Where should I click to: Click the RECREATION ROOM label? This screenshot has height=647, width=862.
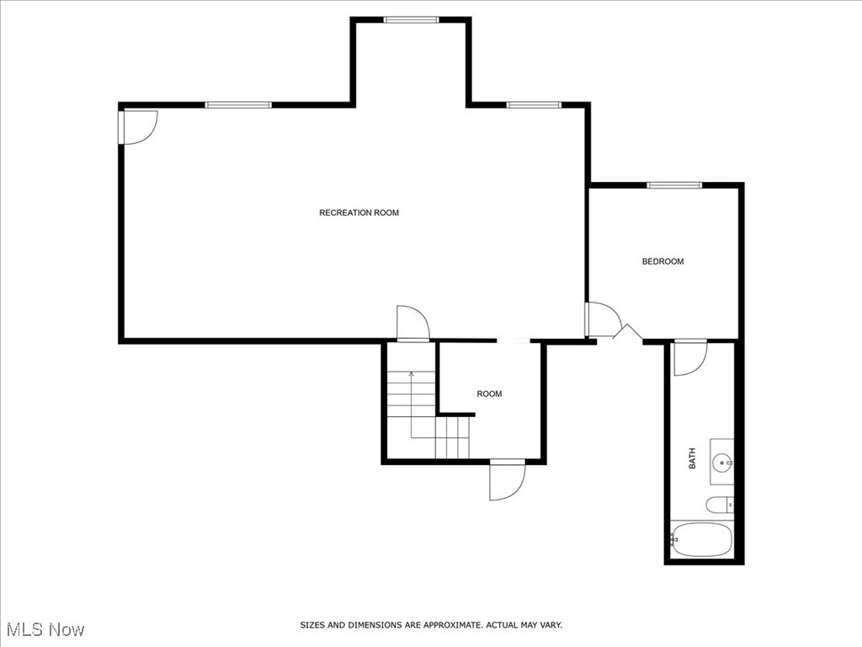[359, 212]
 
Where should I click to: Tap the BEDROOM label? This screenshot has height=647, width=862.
[662, 261]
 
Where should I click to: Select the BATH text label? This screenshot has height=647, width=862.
[693, 459]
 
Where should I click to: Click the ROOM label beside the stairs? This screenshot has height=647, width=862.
[489, 393]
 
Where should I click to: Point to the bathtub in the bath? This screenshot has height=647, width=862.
[701, 539]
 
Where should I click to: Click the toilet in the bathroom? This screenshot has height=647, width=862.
[718, 505]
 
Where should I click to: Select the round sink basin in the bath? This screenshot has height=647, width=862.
[721, 463]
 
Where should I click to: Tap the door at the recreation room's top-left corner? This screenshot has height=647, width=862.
[136, 127]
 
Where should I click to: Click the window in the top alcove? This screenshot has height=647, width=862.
[411, 19]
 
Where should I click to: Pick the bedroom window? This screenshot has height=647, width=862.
[673, 184]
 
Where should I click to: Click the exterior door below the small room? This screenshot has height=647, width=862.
[508, 481]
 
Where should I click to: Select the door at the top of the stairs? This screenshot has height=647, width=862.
[413, 323]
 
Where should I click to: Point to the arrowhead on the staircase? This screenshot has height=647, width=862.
[411, 373]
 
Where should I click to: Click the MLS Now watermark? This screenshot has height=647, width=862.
[45, 629]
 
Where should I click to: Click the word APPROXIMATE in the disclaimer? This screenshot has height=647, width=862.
[453, 625]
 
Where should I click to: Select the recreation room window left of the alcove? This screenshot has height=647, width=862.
[238, 104]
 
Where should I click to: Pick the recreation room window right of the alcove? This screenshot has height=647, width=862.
[534, 104]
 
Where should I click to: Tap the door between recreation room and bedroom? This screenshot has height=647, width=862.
[603, 320]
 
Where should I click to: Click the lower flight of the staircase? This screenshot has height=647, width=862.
[452, 437]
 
